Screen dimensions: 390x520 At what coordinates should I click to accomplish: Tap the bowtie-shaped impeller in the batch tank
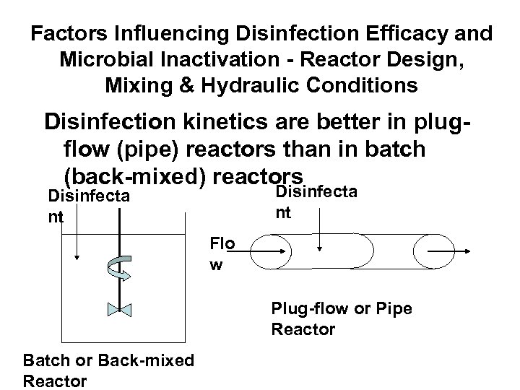click(117, 310)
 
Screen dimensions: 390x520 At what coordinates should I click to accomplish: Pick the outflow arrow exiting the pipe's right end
click(448, 251)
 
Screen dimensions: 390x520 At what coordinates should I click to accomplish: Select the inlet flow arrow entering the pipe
click(270, 251)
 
